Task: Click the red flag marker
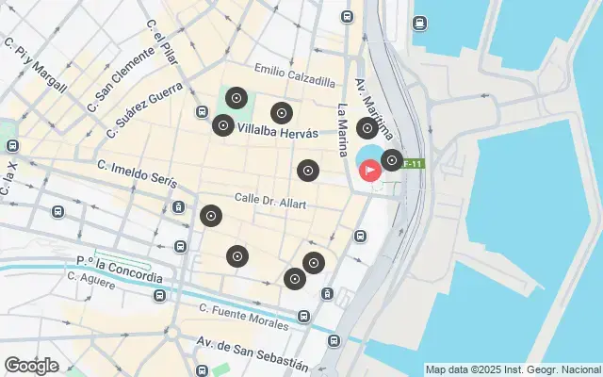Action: click(x=371, y=171)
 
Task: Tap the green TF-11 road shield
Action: click(x=414, y=164)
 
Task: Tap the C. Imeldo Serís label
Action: click(x=137, y=172)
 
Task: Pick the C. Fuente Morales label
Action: click(x=244, y=317)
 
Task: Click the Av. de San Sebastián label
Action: click(x=252, y=352)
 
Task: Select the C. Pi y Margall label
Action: click(x=36, y=64)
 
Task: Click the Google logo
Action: click(x=31, y=366)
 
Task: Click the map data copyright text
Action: click(x=513, y=369)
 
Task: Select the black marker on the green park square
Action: click(x=236, y=98)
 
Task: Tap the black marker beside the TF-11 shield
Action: click(x=391, y=161)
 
